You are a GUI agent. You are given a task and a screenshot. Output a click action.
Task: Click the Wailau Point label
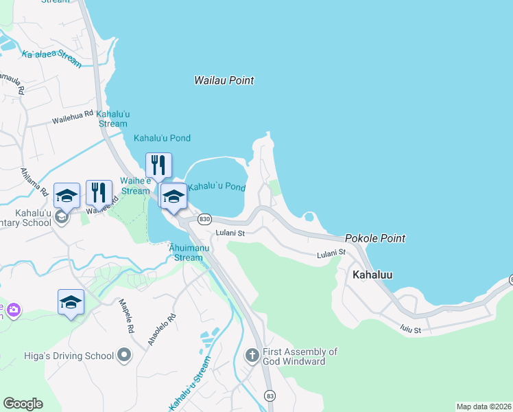coord(224,80)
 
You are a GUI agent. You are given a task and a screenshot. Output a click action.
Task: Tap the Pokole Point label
coord(374,238)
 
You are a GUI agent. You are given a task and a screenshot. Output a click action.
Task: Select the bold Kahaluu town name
coord(372,274)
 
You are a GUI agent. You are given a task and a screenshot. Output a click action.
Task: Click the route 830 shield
coord(204,219)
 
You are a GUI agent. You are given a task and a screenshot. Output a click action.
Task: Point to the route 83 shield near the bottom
coord(270,397)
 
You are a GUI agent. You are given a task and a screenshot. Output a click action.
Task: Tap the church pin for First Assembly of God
coord(252,355)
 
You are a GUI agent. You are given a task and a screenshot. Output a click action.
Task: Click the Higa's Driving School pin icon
coord(124,356)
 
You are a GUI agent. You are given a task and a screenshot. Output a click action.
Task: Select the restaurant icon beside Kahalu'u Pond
coord(158,165)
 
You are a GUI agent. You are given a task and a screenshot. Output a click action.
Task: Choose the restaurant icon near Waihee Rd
coord(99,193)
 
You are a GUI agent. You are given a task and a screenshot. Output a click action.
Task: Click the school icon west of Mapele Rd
coord(71,302)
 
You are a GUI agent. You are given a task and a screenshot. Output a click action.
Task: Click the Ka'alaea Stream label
coord(51,59)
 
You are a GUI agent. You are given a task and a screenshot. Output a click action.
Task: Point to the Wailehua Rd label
coord(73,117)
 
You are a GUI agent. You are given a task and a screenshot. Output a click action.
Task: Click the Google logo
coord(23,404)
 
